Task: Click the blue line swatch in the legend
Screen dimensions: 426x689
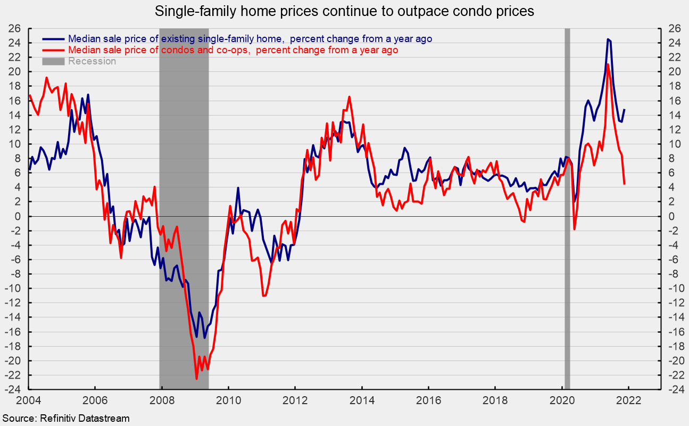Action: [x=54, y=39]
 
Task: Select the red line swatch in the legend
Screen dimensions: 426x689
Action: [x=54, y=50]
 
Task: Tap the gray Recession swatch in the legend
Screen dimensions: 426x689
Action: [x=54, y=61]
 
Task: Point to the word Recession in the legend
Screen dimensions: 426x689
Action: [x=92, y=61]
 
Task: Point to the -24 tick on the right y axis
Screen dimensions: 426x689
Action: [x=672, y=390]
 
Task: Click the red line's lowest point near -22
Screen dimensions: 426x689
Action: [x=196, y=379]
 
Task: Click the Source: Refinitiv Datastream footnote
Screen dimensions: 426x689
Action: [x=65, y=419]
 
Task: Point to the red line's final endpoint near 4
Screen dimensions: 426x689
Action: [x=624, y=184]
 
